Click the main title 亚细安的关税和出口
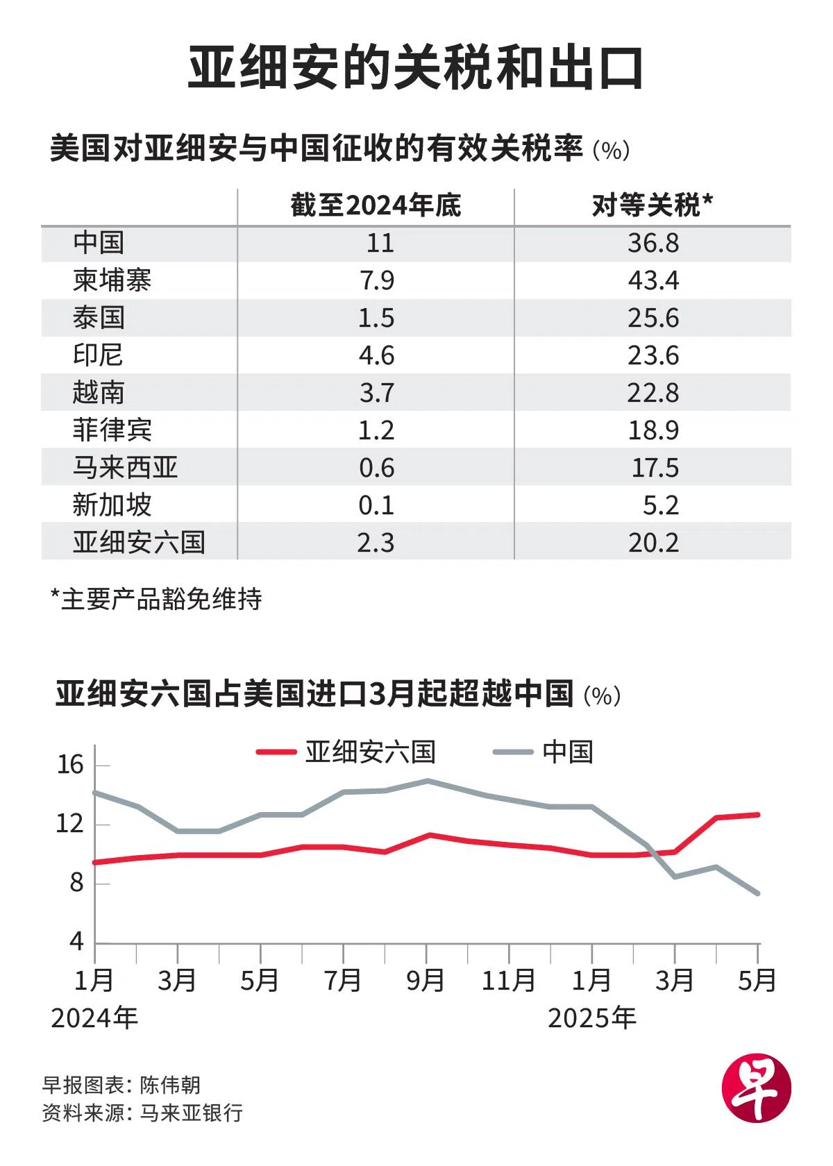point(415,68)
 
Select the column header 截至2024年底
point(376,205)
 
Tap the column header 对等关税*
point(653,205)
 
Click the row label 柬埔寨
point(112,280)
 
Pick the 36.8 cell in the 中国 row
point(653,243)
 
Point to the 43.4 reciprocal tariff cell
point(653,280)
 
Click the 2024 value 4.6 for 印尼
point(376,355)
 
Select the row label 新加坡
point(112,505)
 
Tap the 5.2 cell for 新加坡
point(660,505)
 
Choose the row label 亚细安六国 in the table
point(139,542)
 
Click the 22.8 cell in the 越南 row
point(653,393)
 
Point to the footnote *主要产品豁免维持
point(156,599)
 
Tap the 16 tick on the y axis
point(70,765)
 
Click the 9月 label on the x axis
point(426,980)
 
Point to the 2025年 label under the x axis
point(591,1018)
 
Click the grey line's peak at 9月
point(427,781)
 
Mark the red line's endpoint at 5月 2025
point(758,814)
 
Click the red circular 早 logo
point(756,1088)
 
